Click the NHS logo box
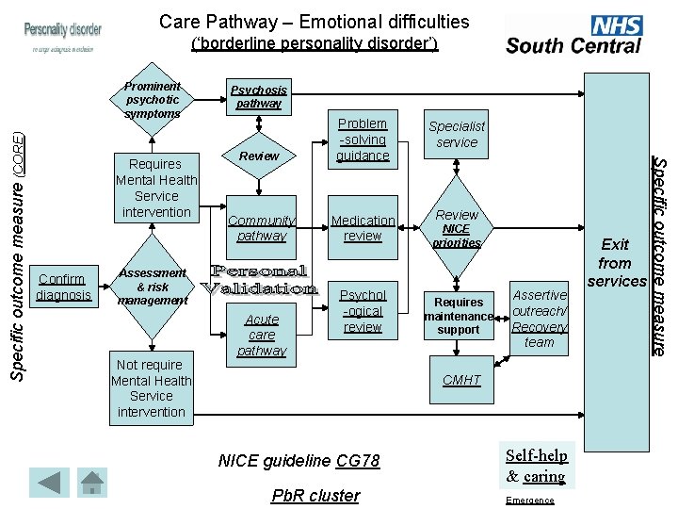point(617,25)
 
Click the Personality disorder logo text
point(63,30)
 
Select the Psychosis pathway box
point(259,96)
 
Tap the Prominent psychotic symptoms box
point(153,100)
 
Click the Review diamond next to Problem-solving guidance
point(260,156)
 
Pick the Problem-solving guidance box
point(363,140)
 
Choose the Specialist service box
point(457,135)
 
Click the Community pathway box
point(262,228)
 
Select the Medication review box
point(363,228)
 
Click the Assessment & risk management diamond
point(152,287)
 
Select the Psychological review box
point(363,311)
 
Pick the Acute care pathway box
point(262,335)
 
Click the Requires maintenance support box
point(459,316)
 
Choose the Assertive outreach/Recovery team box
point(540,319)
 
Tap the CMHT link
point(461,380)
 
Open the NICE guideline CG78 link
point(299,461)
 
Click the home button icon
point(92,482)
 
